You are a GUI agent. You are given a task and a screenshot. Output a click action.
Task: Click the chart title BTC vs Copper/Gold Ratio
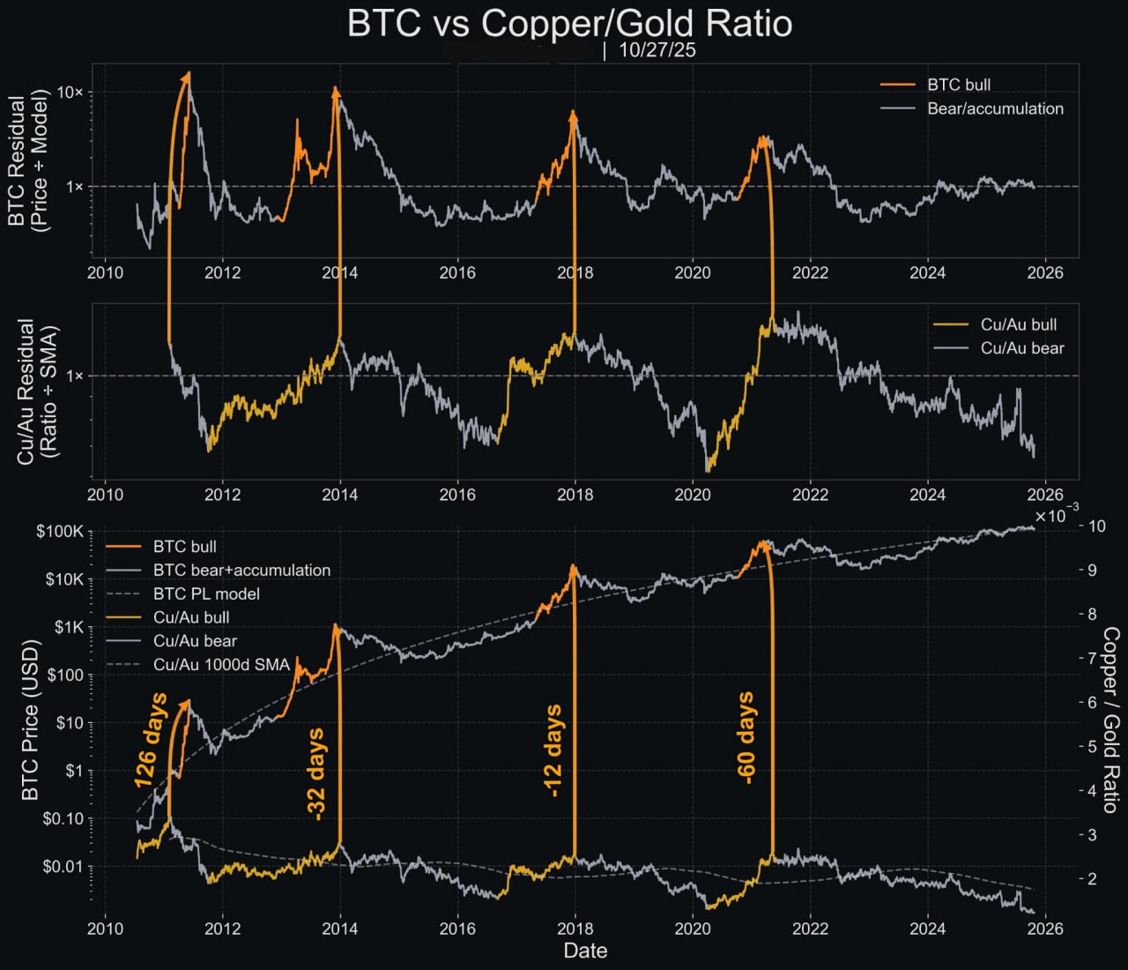tap(569, 23)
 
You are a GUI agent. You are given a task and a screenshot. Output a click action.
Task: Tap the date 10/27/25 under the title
tap(657, 50)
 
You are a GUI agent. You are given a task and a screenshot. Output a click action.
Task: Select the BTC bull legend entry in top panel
tap(958, 85)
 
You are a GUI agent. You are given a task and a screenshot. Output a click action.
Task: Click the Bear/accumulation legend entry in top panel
tap(995, 108)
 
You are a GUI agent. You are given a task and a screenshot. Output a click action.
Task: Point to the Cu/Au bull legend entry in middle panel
tap(1018, 325)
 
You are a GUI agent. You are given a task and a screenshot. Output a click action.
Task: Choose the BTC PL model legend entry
tap(206, 593)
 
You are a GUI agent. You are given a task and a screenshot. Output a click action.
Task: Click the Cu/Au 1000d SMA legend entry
tap(221, 664)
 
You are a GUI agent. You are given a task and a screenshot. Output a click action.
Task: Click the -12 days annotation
tap(553, 750)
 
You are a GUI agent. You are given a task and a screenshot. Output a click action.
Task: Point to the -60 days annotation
tap(746, 737)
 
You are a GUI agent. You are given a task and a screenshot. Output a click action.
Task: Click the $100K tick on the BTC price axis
tap(60, 532)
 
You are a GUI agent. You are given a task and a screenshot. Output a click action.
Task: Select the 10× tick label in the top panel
tap(70, 92)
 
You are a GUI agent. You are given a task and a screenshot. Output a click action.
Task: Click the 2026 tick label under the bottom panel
tap(1045, 928)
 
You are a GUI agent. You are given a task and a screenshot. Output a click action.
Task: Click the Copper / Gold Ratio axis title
tap(1111, 720)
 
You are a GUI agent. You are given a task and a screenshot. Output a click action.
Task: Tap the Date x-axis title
tap(585, 951)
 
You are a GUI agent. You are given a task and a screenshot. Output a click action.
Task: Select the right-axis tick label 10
tap(1097, 526)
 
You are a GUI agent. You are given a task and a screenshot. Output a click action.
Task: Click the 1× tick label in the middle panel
tap(74, 376)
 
